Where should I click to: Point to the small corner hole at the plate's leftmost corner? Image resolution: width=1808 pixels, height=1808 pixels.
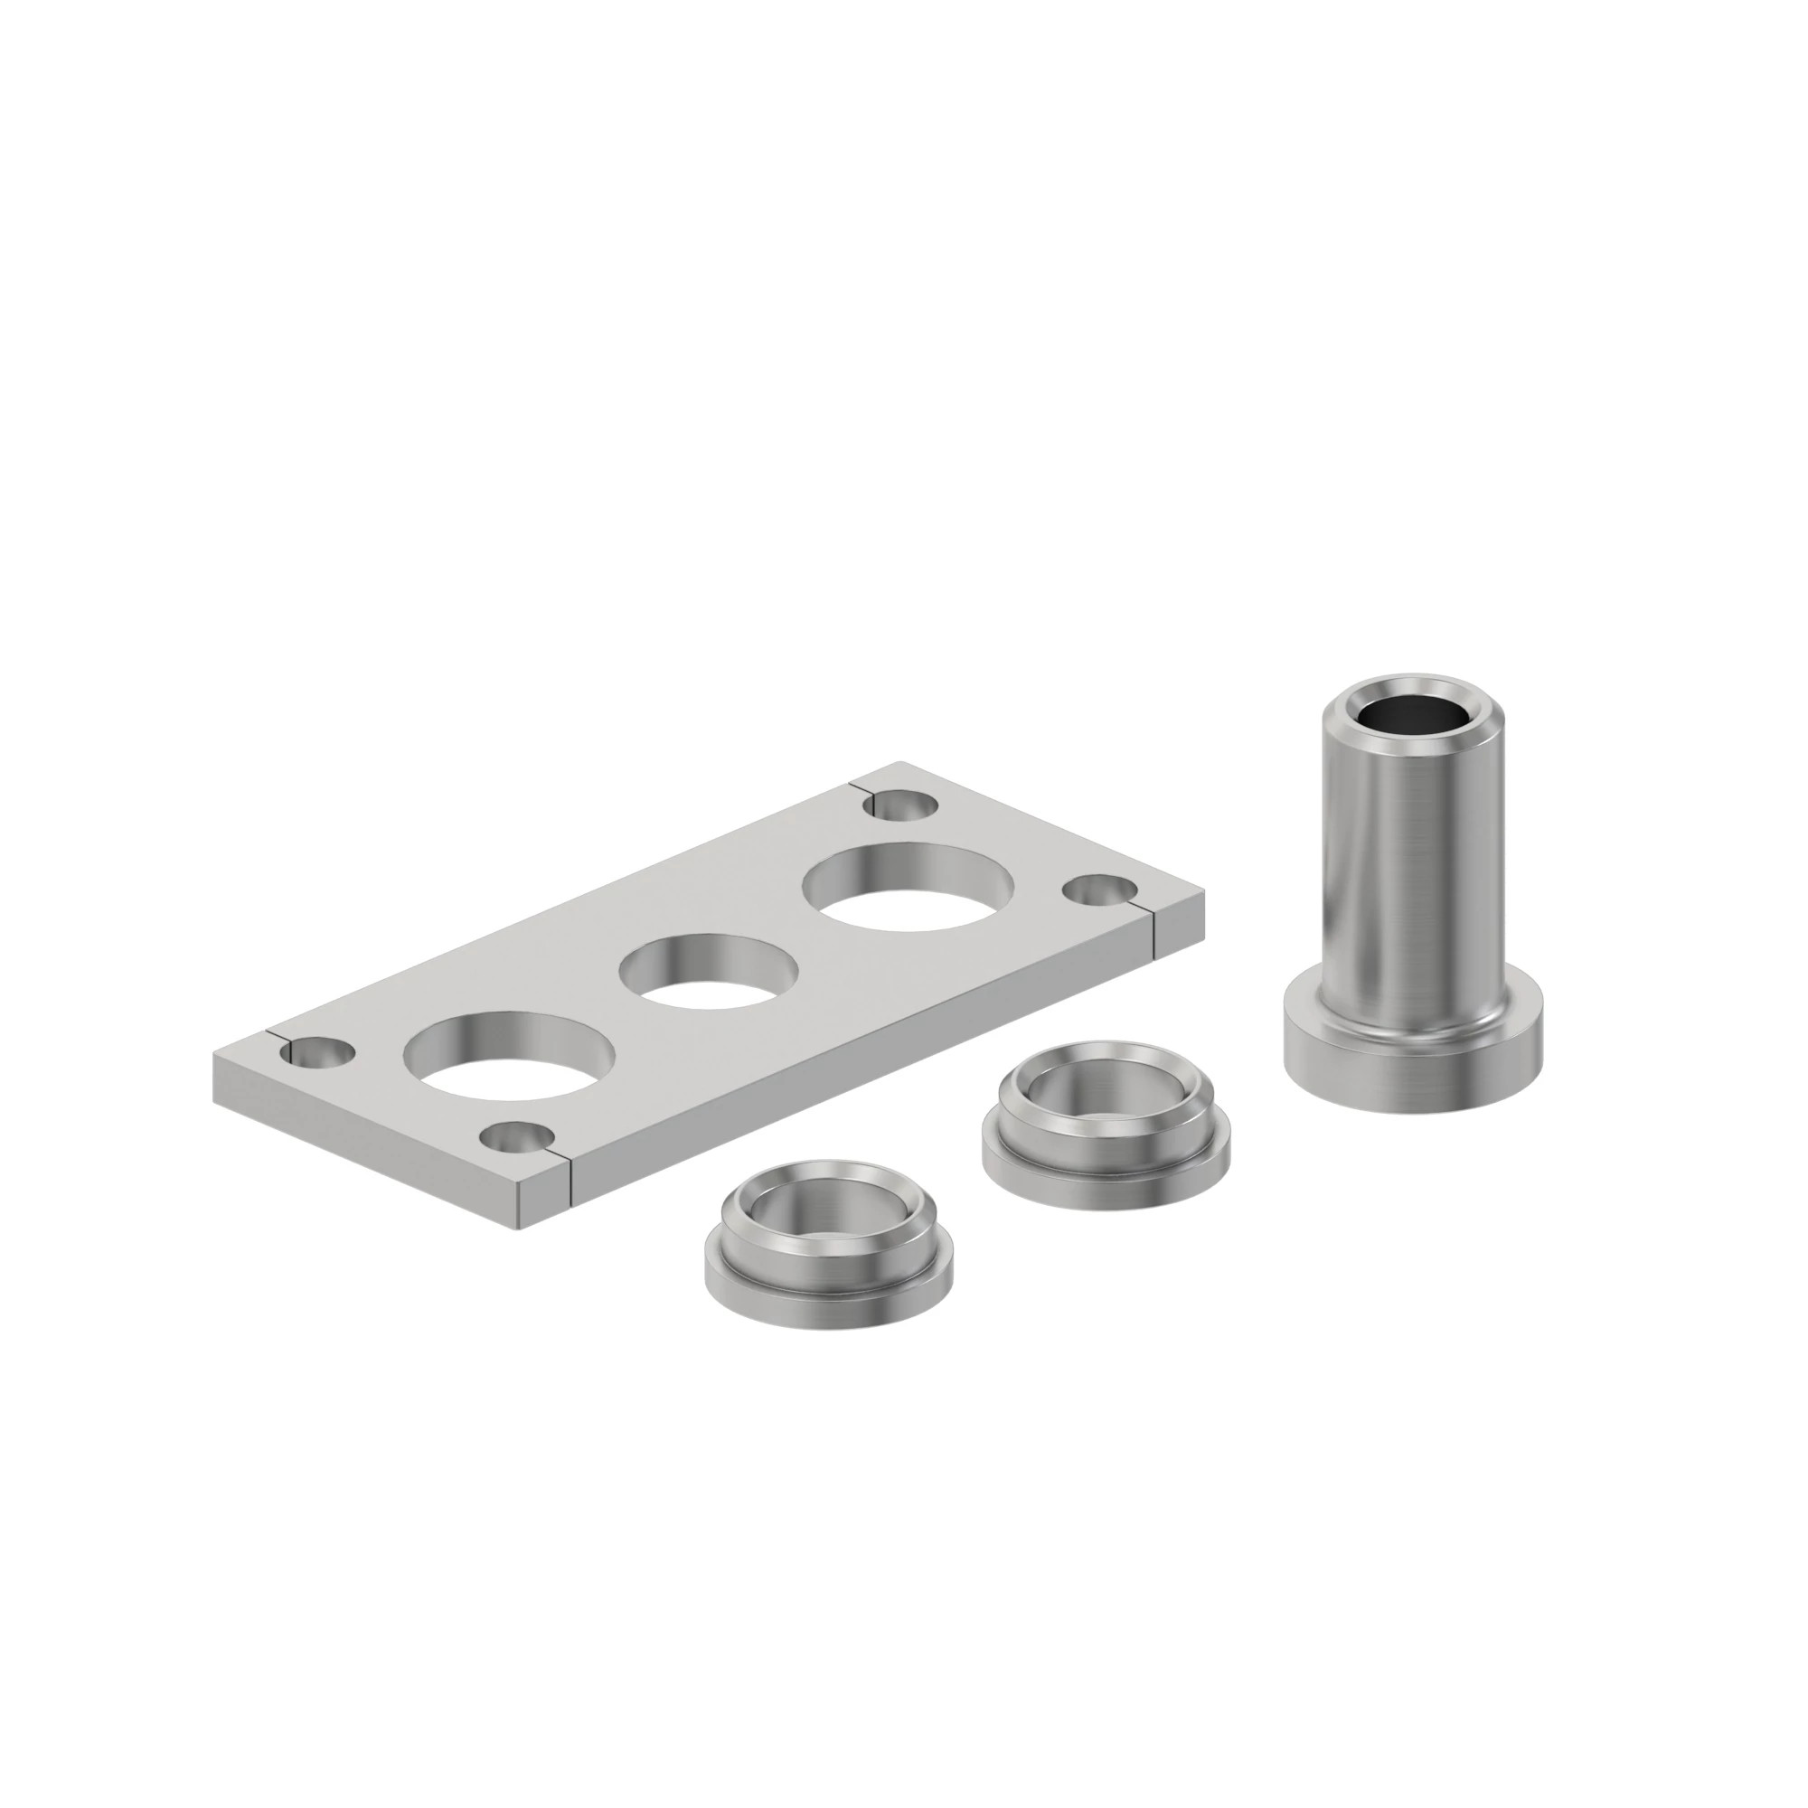click(x=319, y=1053)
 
